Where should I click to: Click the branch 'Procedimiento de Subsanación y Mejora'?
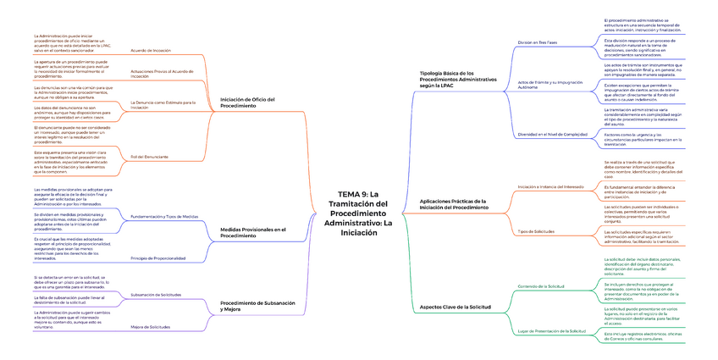click(258, 306)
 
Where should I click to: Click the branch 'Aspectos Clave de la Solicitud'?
click(456, 306)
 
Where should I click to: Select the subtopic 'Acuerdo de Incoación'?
click(151, 51)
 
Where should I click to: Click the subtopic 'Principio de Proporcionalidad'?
click(157, 258)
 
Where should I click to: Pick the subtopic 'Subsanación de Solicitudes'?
click(156, 294)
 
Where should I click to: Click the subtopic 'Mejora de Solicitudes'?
click(150, 326)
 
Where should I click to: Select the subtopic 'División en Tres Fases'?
click(538, 42)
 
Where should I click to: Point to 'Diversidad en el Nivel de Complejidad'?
click(551, 134)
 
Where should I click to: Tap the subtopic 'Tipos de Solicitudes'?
click(536, 231)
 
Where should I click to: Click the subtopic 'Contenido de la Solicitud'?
click(541, 287)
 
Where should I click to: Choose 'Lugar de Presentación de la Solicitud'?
click(551, 330)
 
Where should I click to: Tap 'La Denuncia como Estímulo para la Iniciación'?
click(163, 105)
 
